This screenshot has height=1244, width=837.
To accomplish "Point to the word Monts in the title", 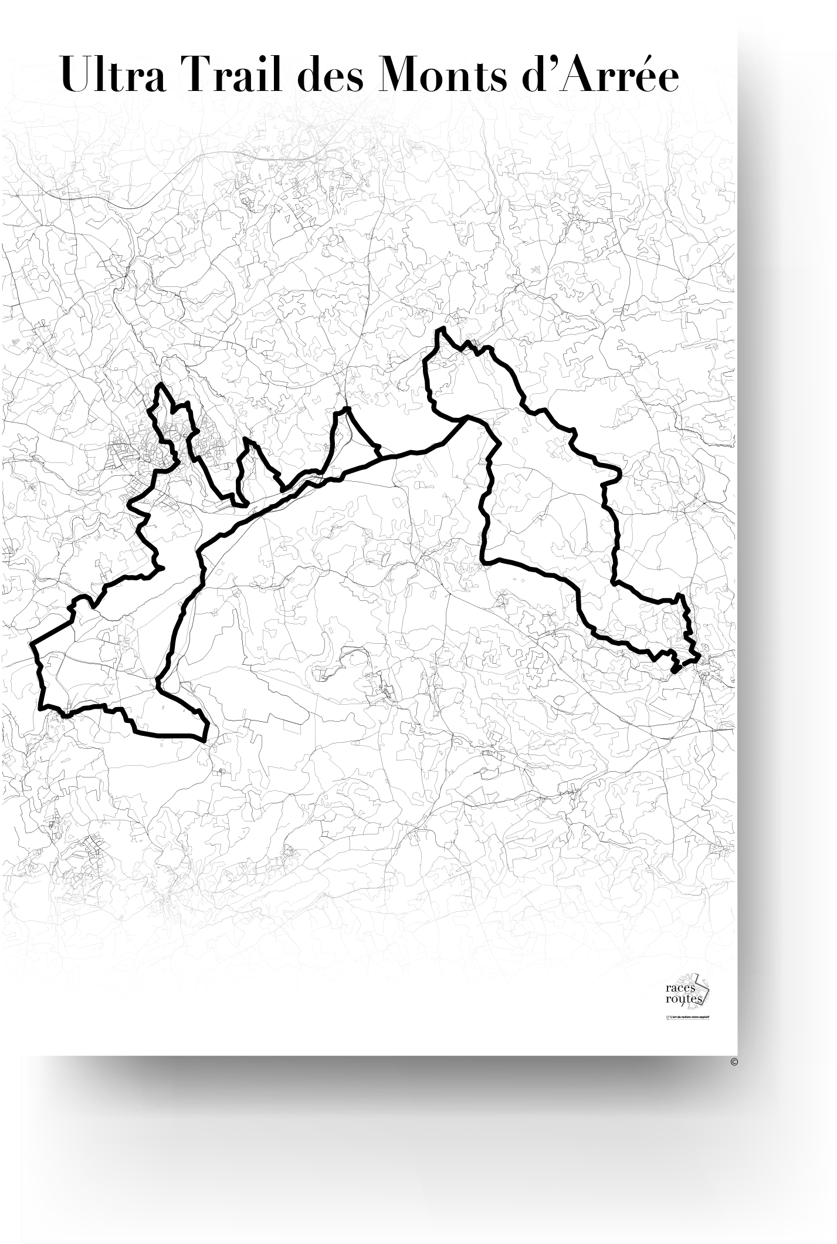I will [443, 76].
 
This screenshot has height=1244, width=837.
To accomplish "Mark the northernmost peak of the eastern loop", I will [439, 332].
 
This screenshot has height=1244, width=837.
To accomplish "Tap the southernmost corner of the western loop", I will [204, 741].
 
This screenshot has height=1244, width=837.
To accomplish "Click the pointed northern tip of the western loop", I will [160, 386].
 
